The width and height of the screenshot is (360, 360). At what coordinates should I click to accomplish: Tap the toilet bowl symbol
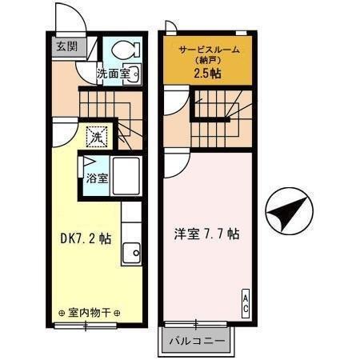point(126,49)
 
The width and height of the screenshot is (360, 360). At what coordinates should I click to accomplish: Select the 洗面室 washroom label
point(114,74)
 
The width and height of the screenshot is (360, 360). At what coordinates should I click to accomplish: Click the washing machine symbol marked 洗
point(97,137)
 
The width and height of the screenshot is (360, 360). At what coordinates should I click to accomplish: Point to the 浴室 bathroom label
point(97,178)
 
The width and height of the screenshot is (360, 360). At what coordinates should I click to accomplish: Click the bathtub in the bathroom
point(126,176)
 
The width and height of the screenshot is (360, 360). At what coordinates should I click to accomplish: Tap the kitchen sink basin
point(131,253)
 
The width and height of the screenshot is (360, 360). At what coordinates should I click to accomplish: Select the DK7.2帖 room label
point(86,238)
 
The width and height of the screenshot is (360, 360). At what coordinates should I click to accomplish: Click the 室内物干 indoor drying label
point(90,313)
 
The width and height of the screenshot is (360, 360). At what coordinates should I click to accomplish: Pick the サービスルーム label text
point(209,50)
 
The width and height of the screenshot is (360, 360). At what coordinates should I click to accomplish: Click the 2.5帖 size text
point(207,74)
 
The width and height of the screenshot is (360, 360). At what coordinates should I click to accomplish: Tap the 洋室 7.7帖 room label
point(206,234)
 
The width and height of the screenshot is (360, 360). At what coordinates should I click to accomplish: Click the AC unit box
point(246,303)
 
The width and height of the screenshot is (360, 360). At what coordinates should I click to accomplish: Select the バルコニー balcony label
point(197,341)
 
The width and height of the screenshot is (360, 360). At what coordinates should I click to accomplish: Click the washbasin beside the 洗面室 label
point(132,74)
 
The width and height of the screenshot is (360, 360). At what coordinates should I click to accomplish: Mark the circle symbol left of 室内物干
point(62,313)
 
